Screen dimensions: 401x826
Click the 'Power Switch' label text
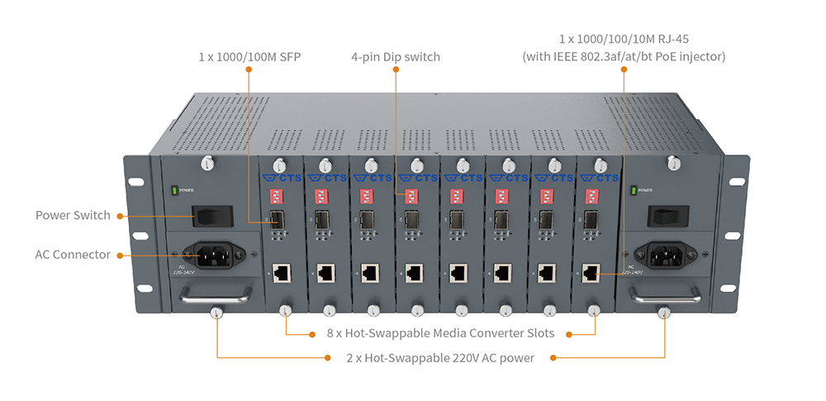73,215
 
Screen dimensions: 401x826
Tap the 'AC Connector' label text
73,255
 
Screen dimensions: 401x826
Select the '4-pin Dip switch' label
395,57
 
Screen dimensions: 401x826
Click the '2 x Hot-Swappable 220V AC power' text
440,358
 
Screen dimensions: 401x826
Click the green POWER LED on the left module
174,192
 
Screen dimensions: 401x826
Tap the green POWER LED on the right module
633,191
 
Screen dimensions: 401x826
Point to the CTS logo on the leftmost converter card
281,178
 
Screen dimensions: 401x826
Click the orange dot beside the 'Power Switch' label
120,216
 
